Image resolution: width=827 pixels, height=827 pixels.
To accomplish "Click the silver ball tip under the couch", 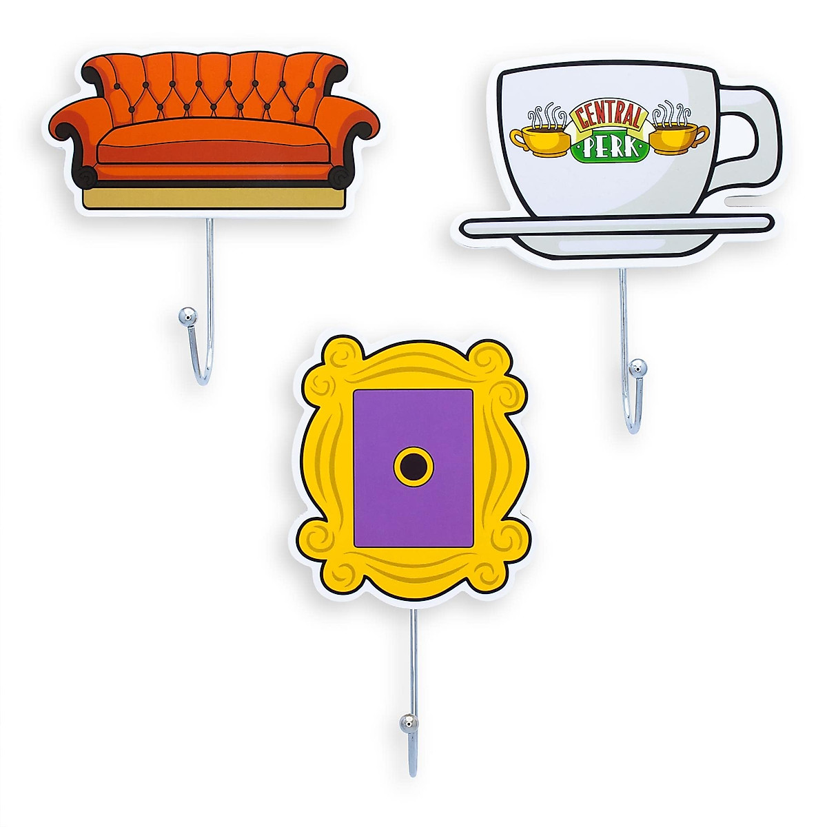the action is coord(185,317).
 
